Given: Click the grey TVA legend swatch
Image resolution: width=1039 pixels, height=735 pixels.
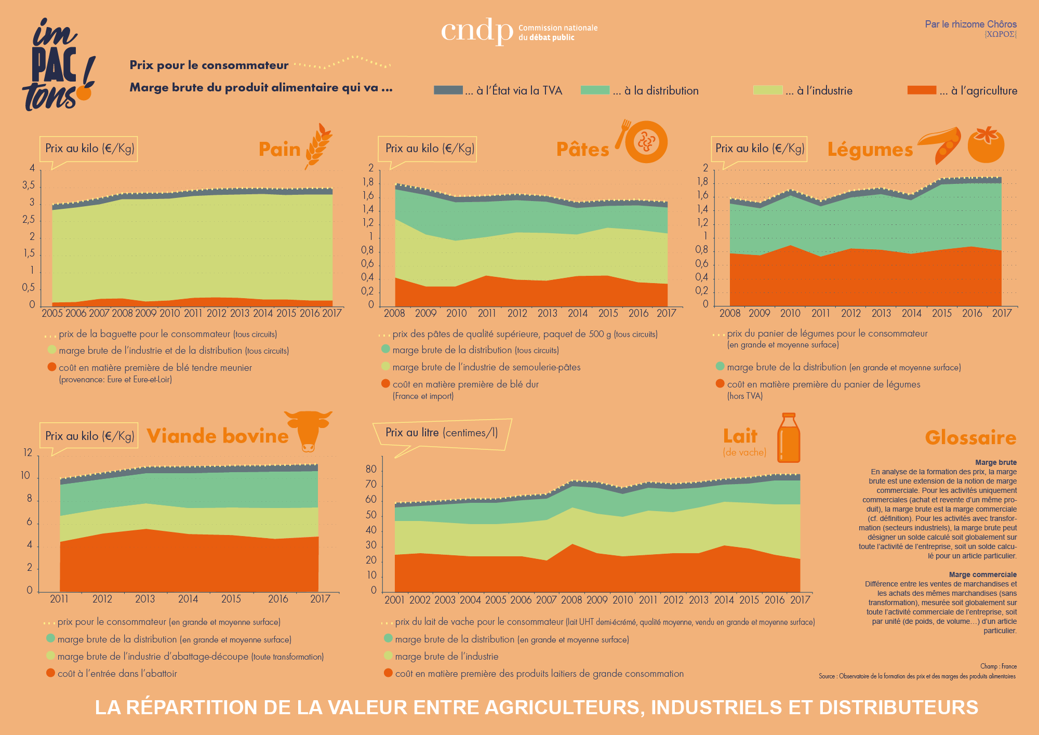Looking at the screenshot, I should (x=448, y=90).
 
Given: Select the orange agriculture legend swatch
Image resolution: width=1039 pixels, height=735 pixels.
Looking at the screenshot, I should (x=922, y=90).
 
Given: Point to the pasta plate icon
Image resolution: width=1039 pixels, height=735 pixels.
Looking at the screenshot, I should (x=645, y=141).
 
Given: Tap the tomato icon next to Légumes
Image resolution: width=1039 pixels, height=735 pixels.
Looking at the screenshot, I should (x=985, y=144).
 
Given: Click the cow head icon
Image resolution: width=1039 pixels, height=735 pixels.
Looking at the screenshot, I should (x=308, y=430).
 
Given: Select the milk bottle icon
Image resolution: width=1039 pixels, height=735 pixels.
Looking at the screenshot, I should (x=789, y=438).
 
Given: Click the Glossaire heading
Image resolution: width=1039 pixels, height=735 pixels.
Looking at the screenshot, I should (x=970, y=437).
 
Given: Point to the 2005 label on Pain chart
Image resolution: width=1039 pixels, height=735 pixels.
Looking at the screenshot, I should (x=52, y=313).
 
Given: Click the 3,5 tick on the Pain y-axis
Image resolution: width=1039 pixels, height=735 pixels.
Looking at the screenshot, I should (x=29, y=185).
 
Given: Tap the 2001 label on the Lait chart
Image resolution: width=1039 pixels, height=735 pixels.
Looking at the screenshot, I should (x=394, y=600).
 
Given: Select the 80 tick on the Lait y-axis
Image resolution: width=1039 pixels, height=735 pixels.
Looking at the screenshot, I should (x=371, y=469).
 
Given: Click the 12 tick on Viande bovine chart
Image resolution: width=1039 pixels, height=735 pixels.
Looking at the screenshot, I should (x=28, y=452).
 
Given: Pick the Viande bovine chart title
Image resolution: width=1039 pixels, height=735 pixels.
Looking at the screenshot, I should (x=218, y=436).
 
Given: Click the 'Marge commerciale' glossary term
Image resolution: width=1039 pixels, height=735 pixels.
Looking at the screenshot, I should (x=982, y=574).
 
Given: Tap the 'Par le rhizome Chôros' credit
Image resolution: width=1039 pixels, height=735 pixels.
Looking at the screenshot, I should (x=970, y=24).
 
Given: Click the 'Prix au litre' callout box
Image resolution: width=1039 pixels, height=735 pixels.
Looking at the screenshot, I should (x=442, y=433).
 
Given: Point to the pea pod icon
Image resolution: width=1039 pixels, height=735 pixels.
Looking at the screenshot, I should (x=940, y=144).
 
